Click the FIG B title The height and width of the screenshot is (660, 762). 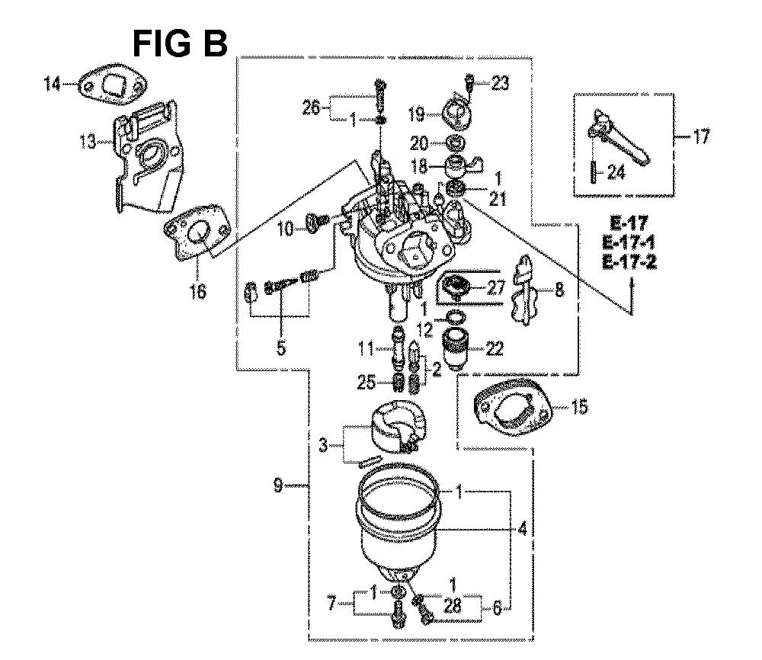(x=180, y=43)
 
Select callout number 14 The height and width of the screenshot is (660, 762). (x=52, y=84)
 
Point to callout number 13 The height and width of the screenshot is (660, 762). (x=88, y=143)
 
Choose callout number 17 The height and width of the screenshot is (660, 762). (x=700, y=136)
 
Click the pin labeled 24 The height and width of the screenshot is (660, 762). (x=594, y=172)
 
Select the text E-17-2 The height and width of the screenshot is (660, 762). (x=629, y=262)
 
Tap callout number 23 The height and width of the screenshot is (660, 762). (x=500, y=84)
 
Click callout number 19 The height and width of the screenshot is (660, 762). (x=417, y=114)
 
